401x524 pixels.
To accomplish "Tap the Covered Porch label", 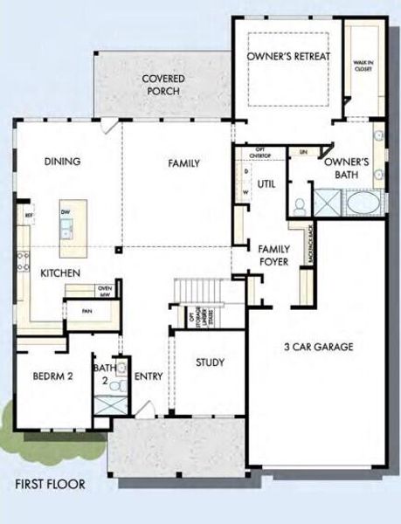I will pyautogui.click(x=162, y=85).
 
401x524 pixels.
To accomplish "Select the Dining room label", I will pyautogui.click(x=62, y=161).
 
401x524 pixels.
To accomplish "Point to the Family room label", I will pyautogui.click(x=183, y=163).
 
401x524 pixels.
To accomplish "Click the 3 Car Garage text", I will pyautogui.click(x=318, y=347).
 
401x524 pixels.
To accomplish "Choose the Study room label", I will pyautogui.click(x=210, y=362).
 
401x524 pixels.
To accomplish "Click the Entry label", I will pyautogui.click(x=149, y=376).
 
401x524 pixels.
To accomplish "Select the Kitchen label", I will pyautogui.click(x=60, y=273).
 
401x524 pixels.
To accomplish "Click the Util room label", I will pyautogui.click(x=266, y=183).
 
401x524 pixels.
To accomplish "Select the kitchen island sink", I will pyautogui.click(x=66, y=230).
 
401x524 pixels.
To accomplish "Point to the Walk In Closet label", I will pyautogui.click(x=363, y=66).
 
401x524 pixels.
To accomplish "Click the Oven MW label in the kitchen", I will pyautogui.click(x=105, y=291).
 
